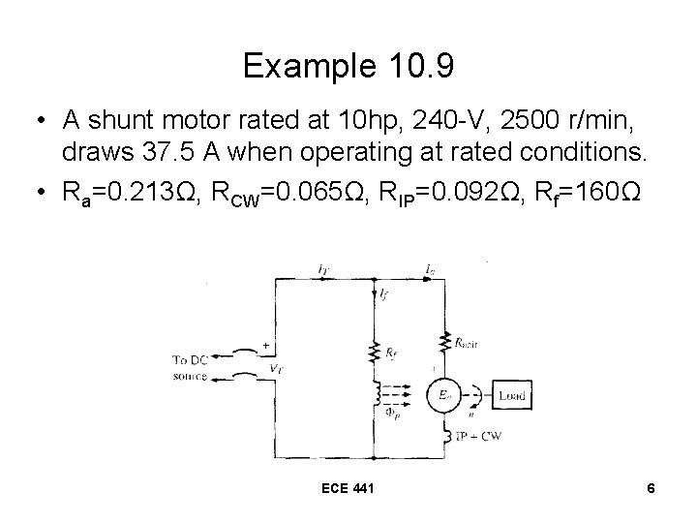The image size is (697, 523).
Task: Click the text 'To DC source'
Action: tap(194, 368)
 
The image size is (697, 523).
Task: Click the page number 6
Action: tap(652, 490)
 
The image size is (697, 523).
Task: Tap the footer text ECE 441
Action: tap(348, 490)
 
